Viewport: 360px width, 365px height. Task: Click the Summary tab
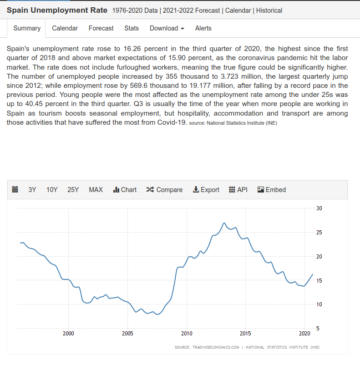tap(27, 28)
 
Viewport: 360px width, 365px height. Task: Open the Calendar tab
tap(65, 28)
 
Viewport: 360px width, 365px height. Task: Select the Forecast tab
tap(101, 28)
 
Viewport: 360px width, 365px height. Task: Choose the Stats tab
tap(132, 28)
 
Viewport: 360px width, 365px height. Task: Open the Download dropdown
tap(167, 28)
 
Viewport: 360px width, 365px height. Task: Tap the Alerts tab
tap(203, 28)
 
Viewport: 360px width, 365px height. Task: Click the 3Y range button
tap(32, 190)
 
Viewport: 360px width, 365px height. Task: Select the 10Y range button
tap(52, 190)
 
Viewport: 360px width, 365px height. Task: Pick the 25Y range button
tap(73, 190)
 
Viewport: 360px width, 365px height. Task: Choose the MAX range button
tap(96, 190)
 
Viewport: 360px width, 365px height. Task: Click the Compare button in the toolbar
tap(164, 190)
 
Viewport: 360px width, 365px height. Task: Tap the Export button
tap(206, 190)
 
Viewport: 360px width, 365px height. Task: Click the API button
tap(238, 190)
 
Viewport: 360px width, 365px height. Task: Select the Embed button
tap(272, 190)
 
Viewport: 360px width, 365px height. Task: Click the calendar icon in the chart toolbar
tap(15, 190)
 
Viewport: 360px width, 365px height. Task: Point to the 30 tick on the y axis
tap(319, 208)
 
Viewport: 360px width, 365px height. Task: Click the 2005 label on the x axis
tap(127, 334)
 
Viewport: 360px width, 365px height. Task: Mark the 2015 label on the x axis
tap(245, 334)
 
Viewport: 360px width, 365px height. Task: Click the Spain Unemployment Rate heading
tap(57, 10)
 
